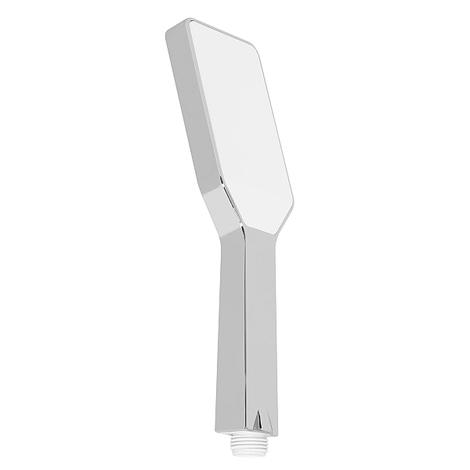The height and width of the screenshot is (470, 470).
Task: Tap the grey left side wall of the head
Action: pyautogui.click(x=192, y=117)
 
